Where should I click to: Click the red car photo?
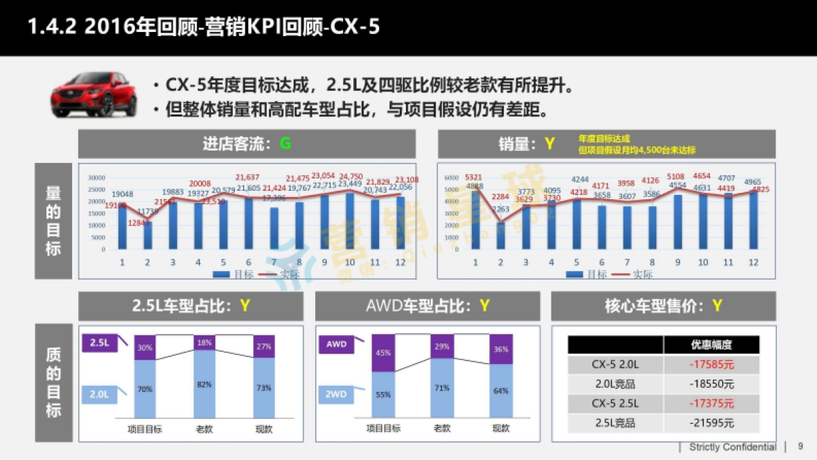(x=94, y=95)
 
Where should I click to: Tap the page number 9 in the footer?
(x=800, y=446)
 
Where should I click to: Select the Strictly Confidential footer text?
(x=732, y=447)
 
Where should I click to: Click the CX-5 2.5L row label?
(x=615, y=403)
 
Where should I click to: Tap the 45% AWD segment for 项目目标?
(x=383, y=353)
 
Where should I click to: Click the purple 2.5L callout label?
(x=99, y=343)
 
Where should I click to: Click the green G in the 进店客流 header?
(x=285, y=144)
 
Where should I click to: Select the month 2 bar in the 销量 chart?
(x=501, y=235)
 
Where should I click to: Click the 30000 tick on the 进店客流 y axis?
(x=96, y=178)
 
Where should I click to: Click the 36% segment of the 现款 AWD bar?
(x=501, y=350)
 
